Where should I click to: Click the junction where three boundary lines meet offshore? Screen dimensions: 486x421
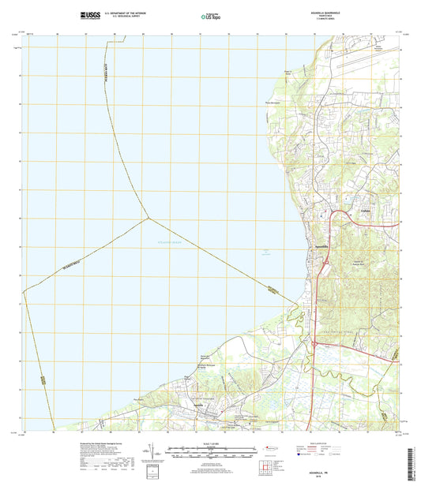145,219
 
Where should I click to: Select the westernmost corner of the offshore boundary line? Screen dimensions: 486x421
23,292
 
